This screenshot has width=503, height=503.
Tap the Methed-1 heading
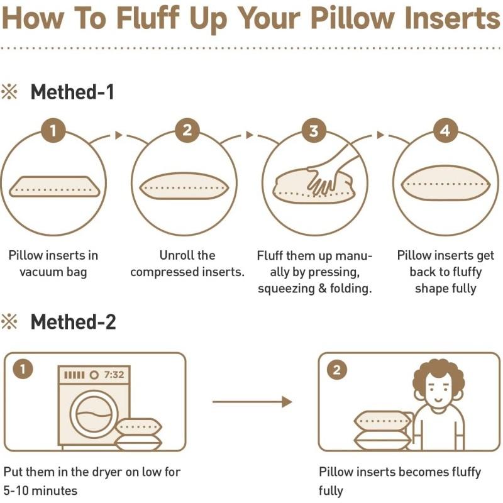click(72, 92)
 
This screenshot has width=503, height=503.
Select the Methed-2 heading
click(73, 322)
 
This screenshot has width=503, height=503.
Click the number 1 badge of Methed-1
click(53, 131)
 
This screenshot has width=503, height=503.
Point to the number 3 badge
click(314, 131)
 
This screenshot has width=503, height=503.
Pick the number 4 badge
click(445, 131)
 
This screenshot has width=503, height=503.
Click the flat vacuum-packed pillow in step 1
click(54, 187)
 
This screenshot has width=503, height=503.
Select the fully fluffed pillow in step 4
click(446, 183)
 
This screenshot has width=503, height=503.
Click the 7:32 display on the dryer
click(114, 374)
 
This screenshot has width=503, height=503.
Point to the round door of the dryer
click(93, 414)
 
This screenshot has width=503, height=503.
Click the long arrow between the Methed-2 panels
click(252, 402)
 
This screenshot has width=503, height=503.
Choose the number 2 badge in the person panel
click(337, 370)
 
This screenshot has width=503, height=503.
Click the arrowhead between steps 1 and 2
click(119, 135)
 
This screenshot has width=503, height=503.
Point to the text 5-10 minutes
click(40, 490)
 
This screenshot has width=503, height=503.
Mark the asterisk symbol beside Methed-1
click(9, 92)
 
